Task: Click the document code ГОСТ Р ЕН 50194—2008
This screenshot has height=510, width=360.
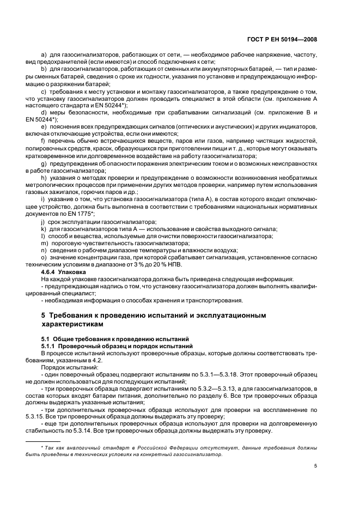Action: click(283, 39)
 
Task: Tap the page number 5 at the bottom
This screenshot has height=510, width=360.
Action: click(316, 466)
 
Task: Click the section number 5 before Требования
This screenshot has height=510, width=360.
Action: click(44, 315)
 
